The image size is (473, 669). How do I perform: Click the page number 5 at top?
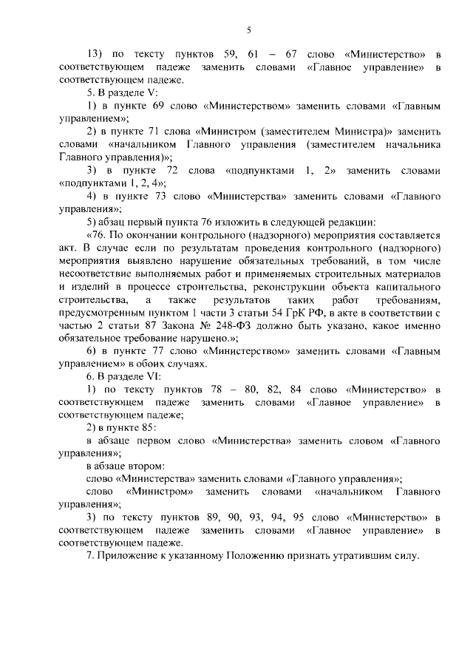click(248, 30)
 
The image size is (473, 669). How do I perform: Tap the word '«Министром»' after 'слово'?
click(160, 491)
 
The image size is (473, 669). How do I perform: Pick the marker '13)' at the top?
click(97, 55)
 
